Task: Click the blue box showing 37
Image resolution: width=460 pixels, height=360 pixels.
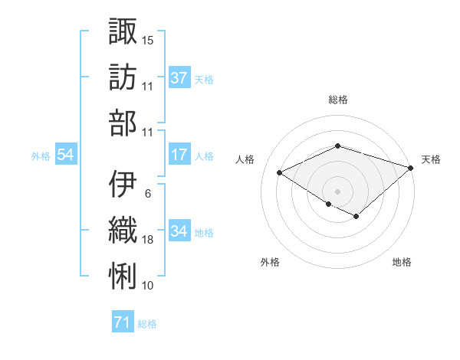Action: (179, 77)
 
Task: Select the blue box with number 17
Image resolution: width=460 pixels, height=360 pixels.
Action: (179, 155)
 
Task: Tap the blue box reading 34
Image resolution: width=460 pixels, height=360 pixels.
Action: (179, 231)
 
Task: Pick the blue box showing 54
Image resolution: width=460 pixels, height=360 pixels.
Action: (66, 155)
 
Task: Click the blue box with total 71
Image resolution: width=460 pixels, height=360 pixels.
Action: (122, 322)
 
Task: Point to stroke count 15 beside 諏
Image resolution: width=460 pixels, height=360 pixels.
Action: (148, 40)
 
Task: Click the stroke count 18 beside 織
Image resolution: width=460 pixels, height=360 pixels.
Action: (148, 240)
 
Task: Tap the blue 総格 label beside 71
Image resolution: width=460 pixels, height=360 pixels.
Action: (147, 324)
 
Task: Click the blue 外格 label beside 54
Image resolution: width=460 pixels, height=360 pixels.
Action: (41, 155)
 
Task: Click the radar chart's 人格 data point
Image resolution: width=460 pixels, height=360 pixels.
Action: (280, 173)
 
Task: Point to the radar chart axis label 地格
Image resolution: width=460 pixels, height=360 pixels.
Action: (402, 262)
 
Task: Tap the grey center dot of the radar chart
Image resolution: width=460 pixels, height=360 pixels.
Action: (337, 190)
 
